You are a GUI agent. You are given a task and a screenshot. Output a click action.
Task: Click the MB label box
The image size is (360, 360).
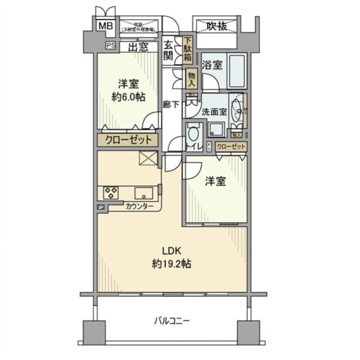click(x=106, y=26)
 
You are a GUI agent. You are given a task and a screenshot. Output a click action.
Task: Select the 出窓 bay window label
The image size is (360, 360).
click(x=139, y=46)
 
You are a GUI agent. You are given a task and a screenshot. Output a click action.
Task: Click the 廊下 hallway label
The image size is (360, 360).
click(x=171, y=104)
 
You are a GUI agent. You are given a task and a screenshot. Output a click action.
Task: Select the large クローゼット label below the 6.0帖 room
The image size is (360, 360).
click(x=128, y=140)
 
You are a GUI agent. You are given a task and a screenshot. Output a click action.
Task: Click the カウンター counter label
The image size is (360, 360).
click(x=139, y=206)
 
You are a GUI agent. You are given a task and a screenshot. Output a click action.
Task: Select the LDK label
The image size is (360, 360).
click(x=170, y=250)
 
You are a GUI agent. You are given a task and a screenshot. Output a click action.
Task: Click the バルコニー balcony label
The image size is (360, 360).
click(x=170, y=321)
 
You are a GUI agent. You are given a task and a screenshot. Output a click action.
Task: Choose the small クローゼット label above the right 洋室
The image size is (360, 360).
click(x=230, y=147)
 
